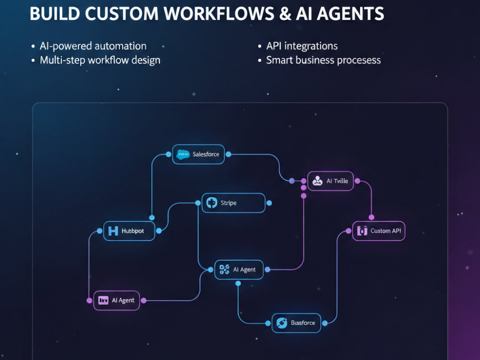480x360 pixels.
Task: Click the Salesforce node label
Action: pos(206,154)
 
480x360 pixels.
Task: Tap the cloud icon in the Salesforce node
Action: pos(183,155)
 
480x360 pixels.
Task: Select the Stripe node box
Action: pos(234,203)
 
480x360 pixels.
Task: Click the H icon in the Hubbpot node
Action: pos(113,231)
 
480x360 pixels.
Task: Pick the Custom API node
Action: pos(379,231)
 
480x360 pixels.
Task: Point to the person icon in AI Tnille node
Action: pos(317,181)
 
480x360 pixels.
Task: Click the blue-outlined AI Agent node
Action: pos(239,270)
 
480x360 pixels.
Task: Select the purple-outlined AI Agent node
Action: pos(117,300)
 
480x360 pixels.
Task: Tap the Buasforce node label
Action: pos(303,323)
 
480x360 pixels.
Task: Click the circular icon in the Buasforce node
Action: pos(282,323)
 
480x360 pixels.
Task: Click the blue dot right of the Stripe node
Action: pos(269,203)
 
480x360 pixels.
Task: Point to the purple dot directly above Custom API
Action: pos(372,217)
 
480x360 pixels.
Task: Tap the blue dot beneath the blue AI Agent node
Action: pos(238,284)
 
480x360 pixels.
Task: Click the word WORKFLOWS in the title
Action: pos(218,14)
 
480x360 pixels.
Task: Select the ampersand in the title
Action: pos(285,14)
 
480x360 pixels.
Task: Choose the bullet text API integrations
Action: pos(302,46)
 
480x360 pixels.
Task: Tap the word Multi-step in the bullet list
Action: pos(62,60)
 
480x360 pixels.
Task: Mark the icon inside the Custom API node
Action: pos(362,231)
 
